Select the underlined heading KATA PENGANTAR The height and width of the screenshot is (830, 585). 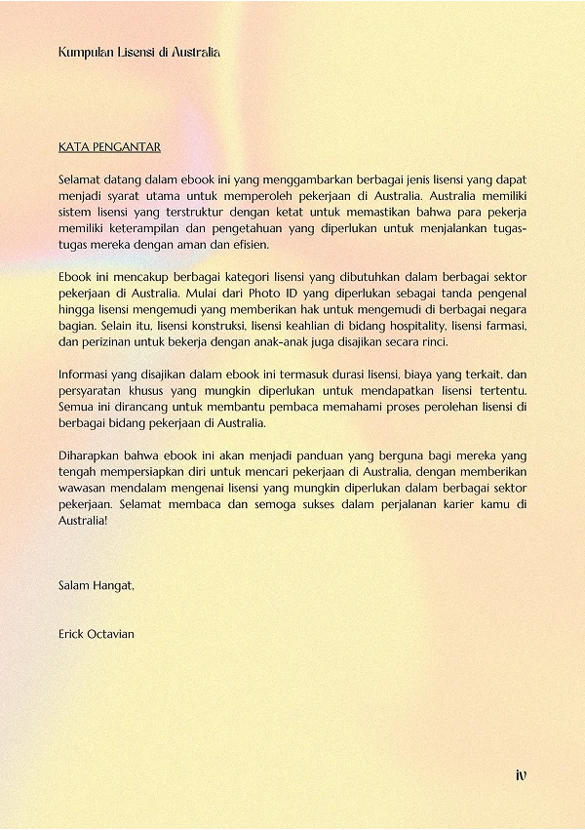tap(109, 147)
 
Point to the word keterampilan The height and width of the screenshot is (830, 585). tap(127, 228)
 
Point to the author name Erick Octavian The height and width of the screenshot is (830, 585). tap(97, 634)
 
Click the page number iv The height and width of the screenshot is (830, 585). tap(522, 775)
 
